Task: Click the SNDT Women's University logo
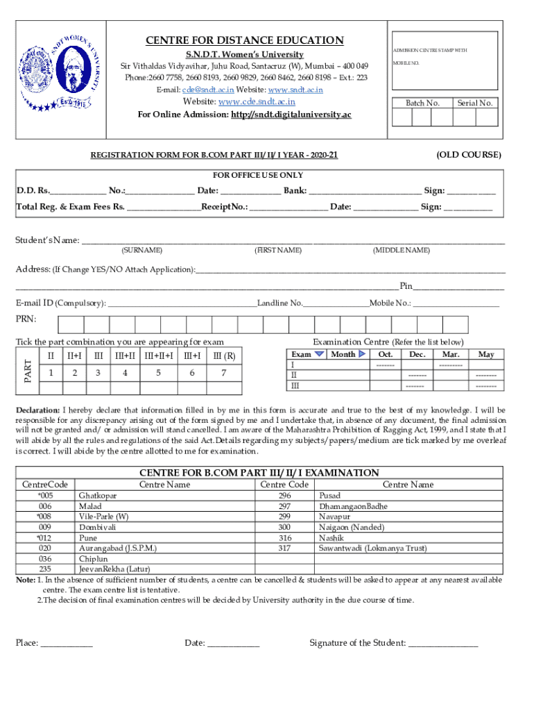point(65,72)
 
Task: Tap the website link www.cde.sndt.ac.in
point(257,102)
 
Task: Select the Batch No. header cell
point(422,103)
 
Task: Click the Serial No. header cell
point(474,103)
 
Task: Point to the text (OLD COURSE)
point(468,155)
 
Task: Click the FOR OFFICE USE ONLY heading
point(257,175)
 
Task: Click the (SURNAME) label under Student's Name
point(141,250)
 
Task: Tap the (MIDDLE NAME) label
point(401,250)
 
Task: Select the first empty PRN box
point(71,325)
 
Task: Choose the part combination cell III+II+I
point(159,356)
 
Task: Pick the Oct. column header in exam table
point(385,355)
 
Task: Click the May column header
point(486,355)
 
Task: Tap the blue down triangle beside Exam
point(319,354)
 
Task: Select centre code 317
point(284,549)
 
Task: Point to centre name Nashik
point(331,538)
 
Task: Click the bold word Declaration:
point(38,410)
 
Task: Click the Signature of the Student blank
point(442,644)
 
